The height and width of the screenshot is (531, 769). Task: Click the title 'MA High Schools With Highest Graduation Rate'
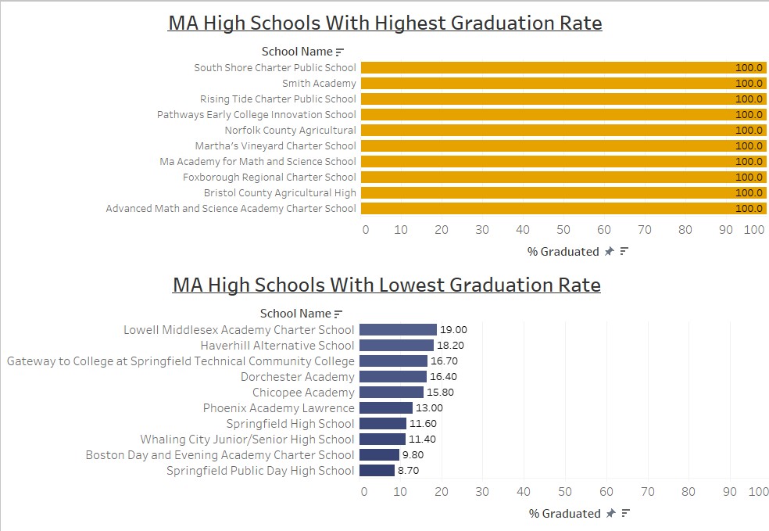point(384,23)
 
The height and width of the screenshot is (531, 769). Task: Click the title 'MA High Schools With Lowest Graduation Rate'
point(386,285)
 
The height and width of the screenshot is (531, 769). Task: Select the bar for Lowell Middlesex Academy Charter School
point(398,330)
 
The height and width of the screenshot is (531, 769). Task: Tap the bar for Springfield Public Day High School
point(377,471)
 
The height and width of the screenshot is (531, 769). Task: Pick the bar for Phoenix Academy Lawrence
point(386,408)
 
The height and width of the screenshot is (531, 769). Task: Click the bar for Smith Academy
point(547,83)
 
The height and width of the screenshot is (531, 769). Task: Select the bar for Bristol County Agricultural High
point(547,192)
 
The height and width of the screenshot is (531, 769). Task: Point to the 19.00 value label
point(453,330)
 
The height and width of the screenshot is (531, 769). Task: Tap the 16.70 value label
point(444,361)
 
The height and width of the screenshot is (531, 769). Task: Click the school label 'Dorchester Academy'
point(297,377)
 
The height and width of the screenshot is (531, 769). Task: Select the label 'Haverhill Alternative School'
point(277,346)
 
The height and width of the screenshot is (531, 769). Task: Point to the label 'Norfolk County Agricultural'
point(290,130)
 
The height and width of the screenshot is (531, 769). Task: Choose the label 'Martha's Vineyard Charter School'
point(275,145)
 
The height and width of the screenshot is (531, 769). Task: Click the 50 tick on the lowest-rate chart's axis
point(563,492)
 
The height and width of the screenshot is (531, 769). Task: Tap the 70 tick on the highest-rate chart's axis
point(645,230)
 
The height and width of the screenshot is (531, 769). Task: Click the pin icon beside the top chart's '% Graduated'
point(609,252)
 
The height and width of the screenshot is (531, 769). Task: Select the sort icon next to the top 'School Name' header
point(339,52)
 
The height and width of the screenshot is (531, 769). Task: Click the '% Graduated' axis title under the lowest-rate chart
point(564,514)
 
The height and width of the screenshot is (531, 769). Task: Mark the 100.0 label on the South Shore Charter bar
point(749,68)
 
